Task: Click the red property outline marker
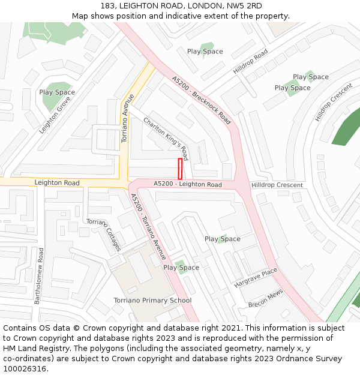[180, 169]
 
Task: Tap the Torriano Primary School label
[152, 301]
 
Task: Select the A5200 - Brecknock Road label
[201, 100]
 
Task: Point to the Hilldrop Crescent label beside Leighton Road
[277, 185]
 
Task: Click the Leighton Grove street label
[55, 115]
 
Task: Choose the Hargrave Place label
[256, 277]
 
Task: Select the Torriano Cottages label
[104, 235]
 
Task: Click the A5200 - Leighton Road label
[188, 184]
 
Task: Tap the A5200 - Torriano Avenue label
[148, 226]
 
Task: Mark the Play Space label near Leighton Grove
[57, 92]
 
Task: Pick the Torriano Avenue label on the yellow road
[126, 118]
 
